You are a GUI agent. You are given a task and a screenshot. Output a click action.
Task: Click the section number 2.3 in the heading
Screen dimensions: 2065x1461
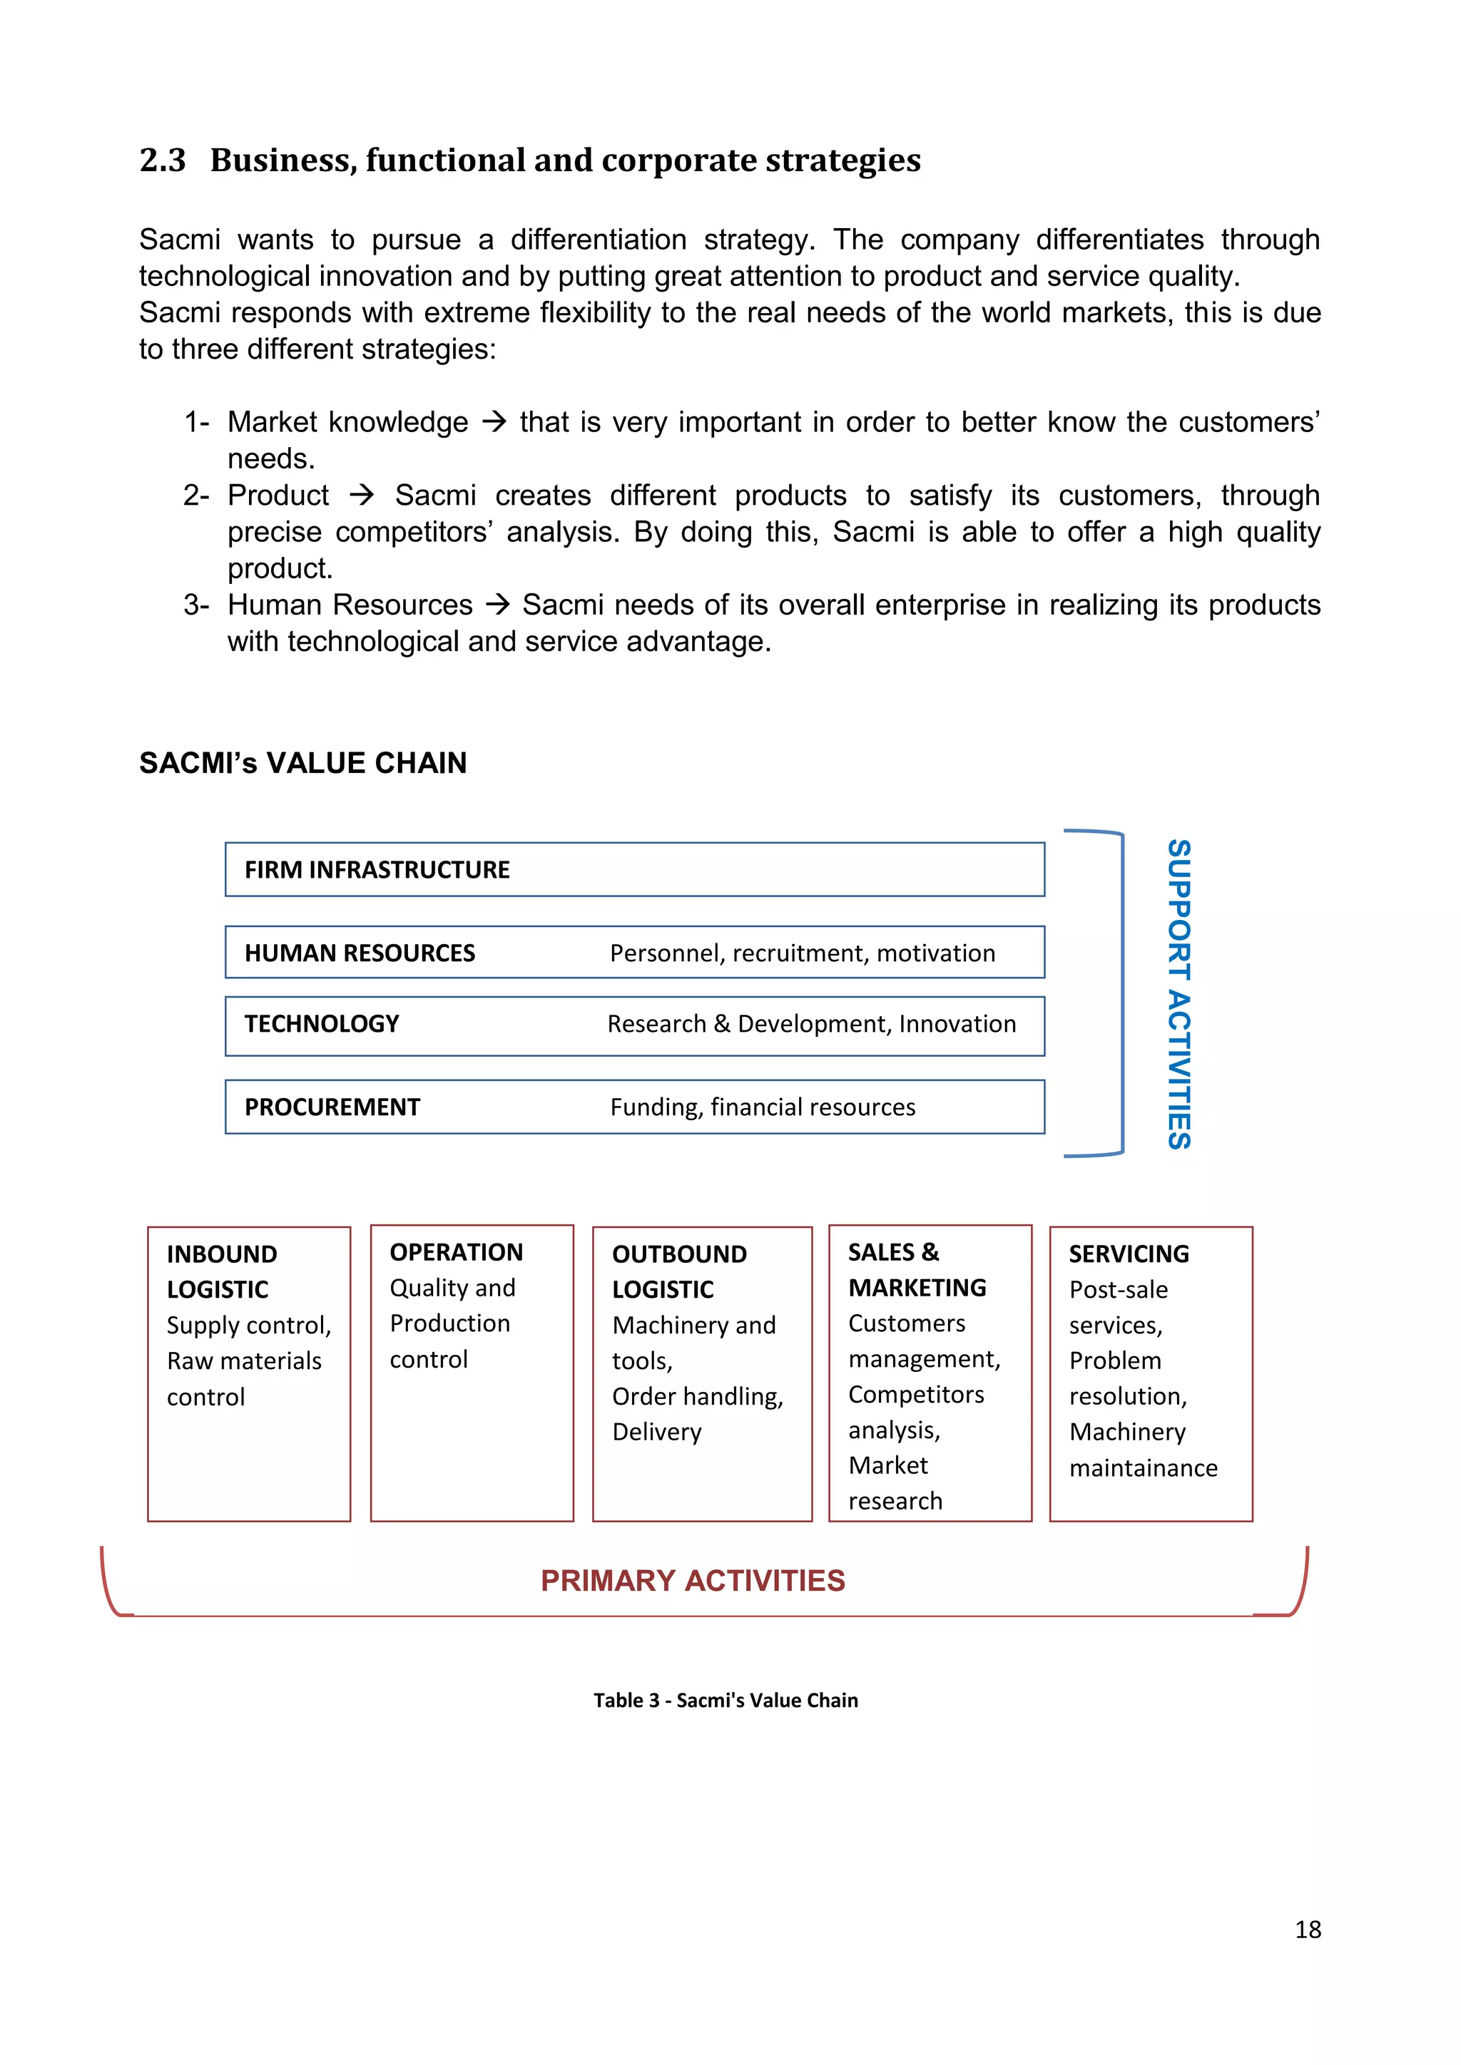click(162, 160)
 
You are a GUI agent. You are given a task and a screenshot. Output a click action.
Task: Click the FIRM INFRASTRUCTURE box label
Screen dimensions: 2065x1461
click(377, 870)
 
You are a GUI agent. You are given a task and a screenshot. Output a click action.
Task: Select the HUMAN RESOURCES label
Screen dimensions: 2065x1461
click(360, 953)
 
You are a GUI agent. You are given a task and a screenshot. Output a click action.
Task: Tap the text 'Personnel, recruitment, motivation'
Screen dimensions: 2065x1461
click(803, 953)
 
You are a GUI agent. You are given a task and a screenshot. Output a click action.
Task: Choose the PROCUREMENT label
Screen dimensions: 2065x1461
click(332, 1107)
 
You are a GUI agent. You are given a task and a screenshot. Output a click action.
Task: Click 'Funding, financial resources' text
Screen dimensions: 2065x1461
click(763, 1107)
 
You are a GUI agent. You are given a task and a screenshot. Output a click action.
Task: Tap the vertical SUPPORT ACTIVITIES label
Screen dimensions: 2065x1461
click(1179, 994)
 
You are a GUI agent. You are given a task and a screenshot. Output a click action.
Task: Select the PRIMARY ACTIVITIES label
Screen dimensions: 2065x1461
click(693, 1580)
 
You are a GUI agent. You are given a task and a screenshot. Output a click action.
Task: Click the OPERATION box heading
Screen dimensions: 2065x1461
click(456, 1252)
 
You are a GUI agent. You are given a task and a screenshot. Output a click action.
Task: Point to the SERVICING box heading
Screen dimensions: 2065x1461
click(1129, 1254)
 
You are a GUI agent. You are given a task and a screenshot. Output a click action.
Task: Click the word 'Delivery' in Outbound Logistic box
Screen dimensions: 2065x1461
click(657, 1432)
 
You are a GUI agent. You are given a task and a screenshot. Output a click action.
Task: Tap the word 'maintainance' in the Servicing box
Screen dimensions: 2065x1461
click(1144, 1467)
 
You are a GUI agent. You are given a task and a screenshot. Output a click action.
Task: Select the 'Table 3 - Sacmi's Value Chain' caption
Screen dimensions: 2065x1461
click(725, 1700)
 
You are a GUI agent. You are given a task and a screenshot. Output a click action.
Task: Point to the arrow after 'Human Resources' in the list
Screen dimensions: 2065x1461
click(497, 605)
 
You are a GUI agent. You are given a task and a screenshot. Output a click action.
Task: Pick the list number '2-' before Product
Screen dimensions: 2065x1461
click(196, 496)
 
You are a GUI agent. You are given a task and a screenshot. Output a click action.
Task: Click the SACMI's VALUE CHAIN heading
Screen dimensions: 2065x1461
click(303, 763)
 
